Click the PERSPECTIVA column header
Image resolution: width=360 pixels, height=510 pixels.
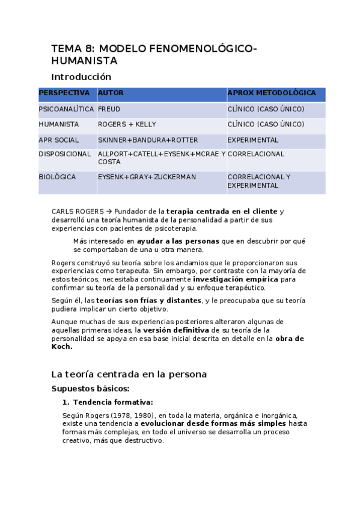[64, 93]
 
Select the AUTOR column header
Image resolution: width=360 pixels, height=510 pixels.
[111, 93]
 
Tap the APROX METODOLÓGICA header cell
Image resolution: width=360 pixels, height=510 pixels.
[271, 93]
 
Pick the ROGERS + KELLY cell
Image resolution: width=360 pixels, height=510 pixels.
[127, 124]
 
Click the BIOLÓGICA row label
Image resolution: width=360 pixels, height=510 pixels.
[57, 177]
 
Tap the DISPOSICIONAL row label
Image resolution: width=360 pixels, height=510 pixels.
[65, 154]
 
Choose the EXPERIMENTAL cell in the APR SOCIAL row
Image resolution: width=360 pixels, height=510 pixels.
[253, 140]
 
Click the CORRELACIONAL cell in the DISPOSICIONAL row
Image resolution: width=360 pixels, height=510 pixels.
[256, 154]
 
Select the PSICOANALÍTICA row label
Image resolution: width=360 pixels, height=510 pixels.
[66, 109]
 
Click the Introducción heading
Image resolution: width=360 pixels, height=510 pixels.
[81, 77]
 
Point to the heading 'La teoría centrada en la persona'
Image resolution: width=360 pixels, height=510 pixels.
[129, 374]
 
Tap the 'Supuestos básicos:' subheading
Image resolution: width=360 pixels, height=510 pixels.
[90, 389]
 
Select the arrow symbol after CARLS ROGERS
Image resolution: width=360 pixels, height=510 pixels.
[109, 212]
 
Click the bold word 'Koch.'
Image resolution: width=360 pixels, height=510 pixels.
[62, 346]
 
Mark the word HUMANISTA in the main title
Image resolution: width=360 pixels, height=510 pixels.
[84, 61]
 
